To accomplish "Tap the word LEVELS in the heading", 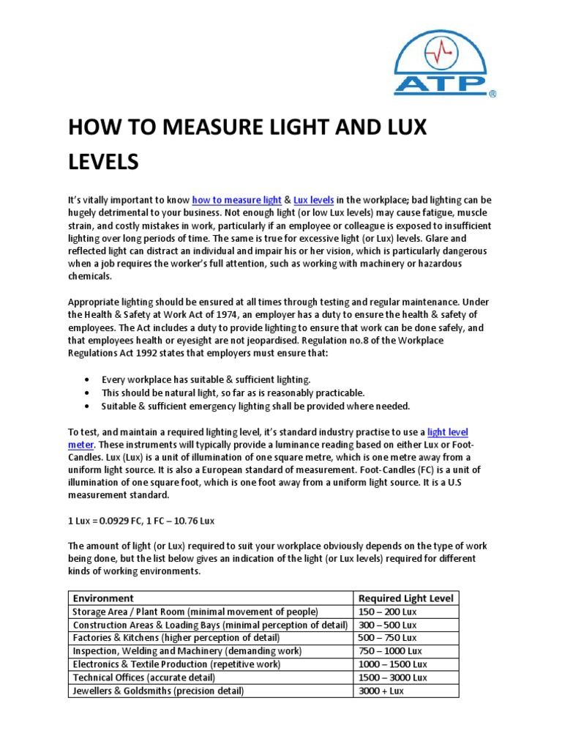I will pos(103,161).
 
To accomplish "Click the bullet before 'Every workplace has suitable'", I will pos(88,380).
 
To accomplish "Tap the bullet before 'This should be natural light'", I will pos(88,393).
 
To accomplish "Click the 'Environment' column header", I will pos(103,598).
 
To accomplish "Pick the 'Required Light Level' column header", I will pos(405,598).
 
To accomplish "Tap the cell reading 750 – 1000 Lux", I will pos(389,651).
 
